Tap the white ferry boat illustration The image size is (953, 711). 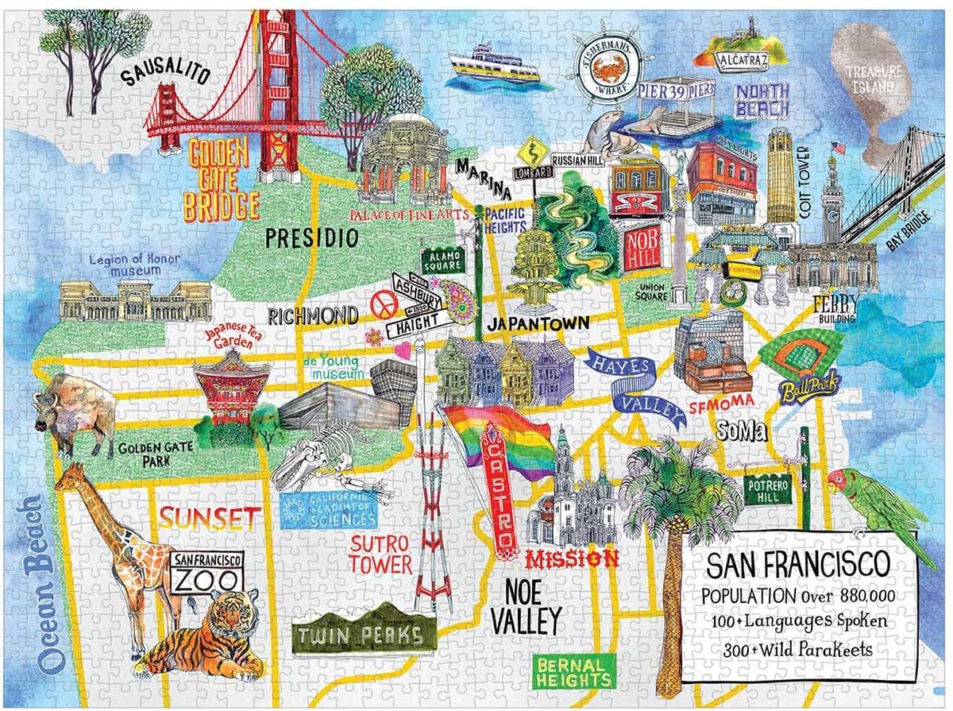pyautogui.click(x=492, y=68)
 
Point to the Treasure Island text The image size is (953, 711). pyautogui.click(x=874, y=79)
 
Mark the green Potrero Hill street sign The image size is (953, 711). pyautogui.click(x=767, y=492)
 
